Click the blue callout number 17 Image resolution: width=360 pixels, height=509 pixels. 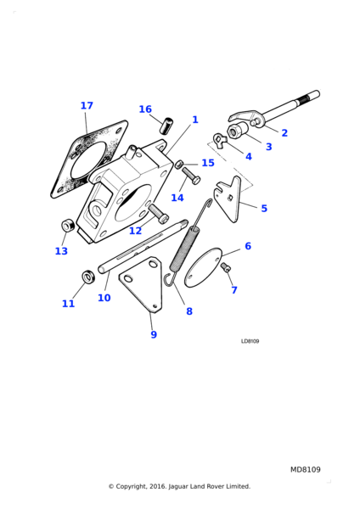click(x=87, y=105)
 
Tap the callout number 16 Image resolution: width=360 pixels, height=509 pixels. click(x=145, y=109)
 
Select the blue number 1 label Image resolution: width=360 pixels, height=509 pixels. click(x=195, y=120)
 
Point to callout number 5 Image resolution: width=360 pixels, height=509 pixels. click(x=264, y=209)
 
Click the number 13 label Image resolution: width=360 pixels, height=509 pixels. click(x=61, y=251)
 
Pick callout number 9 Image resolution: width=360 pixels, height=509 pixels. click(x=154, y=334)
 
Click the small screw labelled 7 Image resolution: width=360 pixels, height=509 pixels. click(x=225, y=267)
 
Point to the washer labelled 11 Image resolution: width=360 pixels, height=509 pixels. click(x=87, y=277)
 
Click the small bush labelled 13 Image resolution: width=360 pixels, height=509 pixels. click(x=68, y=226)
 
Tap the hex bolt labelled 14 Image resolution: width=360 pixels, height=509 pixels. click(x=191, y=176)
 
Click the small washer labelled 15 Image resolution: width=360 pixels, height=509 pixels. click(x=178, y=165)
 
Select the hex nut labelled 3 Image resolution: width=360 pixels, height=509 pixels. click(x=237, y=131)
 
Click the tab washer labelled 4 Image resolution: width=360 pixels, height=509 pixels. click(x=219, y=141)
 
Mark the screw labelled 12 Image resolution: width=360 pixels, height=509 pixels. click(x=159, y=213)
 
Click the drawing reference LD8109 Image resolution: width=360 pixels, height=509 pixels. click(x=250, y=341)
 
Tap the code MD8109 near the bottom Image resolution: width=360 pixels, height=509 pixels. click(x=305, y=469)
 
